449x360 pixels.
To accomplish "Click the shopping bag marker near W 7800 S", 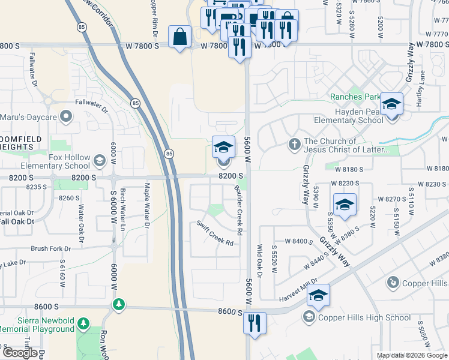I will click(x=180, y=37).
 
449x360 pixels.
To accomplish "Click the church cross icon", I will click(x=294, y=145).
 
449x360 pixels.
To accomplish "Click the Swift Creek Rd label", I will click(x=215, y=232).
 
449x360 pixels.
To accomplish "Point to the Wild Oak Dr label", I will click(x=260, y=261).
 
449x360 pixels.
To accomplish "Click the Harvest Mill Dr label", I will click(x=298, y=290).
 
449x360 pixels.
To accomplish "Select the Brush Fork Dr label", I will click(x=50, y=248).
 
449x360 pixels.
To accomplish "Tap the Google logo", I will click(x=20, y=353).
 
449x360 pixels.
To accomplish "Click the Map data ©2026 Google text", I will click(x=411, y=355).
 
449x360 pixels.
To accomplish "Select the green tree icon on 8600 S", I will click(x=119, y=305).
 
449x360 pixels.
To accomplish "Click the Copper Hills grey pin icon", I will click(x=393, y=281).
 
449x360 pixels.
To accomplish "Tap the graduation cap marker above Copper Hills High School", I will click(x=319, y=294).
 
